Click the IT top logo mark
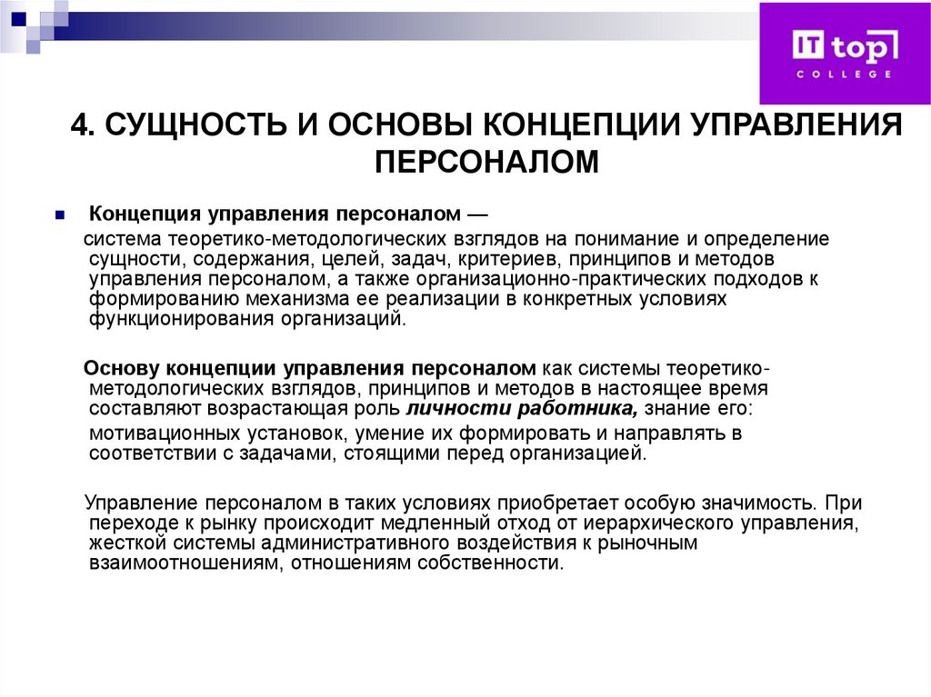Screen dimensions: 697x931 [x=845, y=45]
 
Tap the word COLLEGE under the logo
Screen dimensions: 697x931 [x=845, y=74]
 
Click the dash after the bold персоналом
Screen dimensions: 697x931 [x=476, y=216]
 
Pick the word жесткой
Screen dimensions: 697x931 [x=123, y=543]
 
